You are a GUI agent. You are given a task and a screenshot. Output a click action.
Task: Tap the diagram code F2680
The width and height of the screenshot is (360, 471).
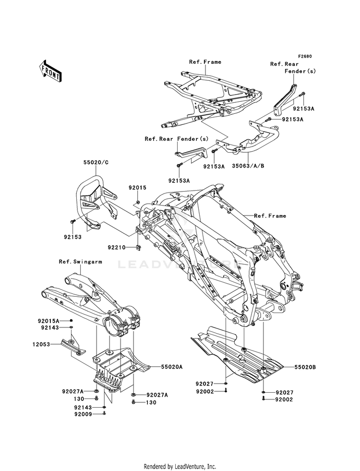pos(304,56)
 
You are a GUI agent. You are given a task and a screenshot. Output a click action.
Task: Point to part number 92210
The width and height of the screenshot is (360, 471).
pos(117,248)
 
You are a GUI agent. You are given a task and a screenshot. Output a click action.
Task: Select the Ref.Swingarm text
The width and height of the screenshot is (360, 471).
pos(77,262)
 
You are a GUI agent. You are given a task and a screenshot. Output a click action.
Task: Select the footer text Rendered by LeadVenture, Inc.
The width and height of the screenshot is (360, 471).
pos(180,466)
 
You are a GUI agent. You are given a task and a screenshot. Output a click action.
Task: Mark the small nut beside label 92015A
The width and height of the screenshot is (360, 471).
pos(71,320)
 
